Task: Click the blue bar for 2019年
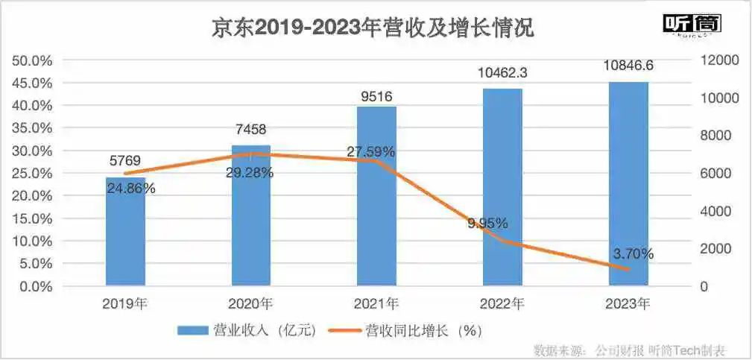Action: tap(124, 231)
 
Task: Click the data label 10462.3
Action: tap(503, 73)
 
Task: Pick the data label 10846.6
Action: tap(629, 66)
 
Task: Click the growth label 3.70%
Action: tap(633, 253)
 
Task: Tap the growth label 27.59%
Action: tap(371, 152)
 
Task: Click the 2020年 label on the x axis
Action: tap(250, 304)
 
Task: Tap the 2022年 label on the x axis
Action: tap(502, 304)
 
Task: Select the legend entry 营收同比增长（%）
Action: tap(425, 329)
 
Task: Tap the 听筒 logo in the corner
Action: tap(692, 25)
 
